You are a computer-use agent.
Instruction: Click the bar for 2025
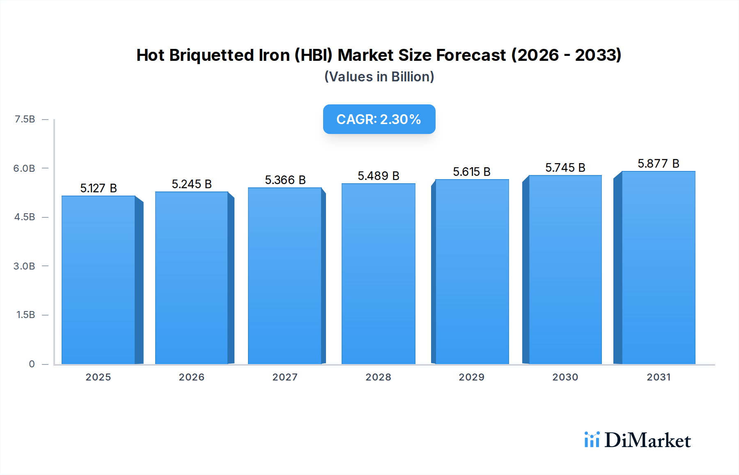[99, 280]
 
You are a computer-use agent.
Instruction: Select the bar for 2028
[378, 274]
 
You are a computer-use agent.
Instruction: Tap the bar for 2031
[658, 267]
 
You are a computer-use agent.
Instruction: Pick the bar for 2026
[192, 278]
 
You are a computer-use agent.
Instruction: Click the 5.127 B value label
[99, 188]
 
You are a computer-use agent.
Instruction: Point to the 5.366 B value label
[285, 180]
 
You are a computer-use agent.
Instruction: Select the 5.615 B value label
[471, 172]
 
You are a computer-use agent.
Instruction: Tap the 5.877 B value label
[658, 164]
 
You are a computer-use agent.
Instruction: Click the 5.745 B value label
[565, 168]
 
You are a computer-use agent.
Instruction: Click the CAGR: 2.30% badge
[379, 119]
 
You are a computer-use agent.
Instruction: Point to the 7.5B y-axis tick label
[25, 119]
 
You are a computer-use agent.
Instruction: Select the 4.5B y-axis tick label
[25, 217]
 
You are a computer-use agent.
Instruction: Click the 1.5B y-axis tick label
[25, 315]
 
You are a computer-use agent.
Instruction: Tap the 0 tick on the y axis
[32, 364]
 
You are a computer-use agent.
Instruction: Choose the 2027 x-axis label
[285, 377]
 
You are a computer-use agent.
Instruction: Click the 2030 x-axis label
[565, 377]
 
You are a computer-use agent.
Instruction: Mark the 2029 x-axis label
[471, 377]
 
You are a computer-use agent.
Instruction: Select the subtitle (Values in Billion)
[379, 77]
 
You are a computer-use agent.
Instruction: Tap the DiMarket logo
[637, 440]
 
